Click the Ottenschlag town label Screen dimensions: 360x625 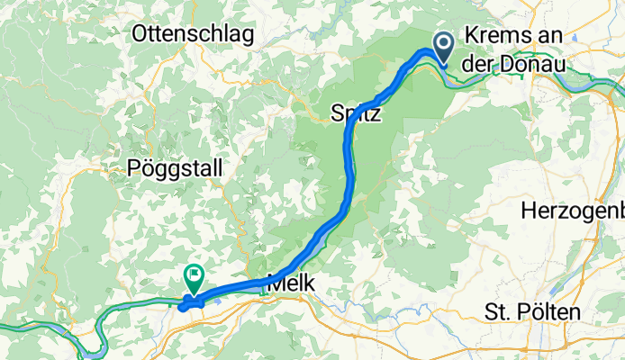[192, 34]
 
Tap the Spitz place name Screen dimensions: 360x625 [356, 114]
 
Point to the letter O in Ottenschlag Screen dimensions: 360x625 [140, 34]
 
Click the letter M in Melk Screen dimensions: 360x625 [276, 281]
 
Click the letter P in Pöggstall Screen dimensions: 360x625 [134, 168]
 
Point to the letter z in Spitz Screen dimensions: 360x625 [376, 114]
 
